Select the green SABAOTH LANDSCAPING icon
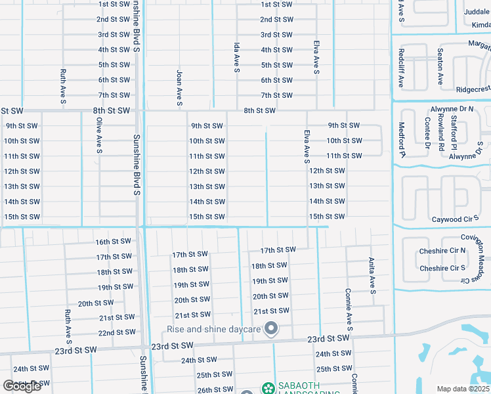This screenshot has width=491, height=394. pos(268,387)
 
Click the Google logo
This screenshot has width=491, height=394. pos(22,386)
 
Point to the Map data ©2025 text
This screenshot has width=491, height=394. pos(463,389)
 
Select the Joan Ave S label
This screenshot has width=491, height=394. pos(179,87)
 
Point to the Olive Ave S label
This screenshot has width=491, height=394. pos(99,137)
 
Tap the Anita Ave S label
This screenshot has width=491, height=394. pos(372,275)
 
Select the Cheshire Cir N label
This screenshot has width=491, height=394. pos(442,252)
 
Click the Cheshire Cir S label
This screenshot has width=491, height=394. pos(442,269)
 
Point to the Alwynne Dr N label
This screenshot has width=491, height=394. pos(453,109)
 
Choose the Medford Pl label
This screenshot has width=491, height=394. pos(402,140)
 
